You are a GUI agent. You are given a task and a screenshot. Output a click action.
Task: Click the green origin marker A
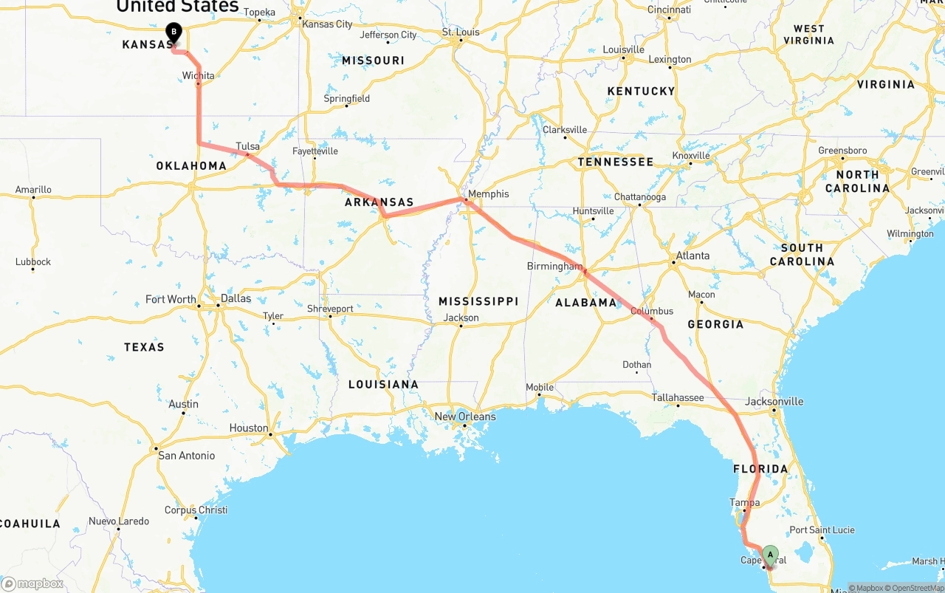[x=770, y=555]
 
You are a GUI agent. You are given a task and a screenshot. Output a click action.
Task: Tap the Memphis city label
[x=488, y=194]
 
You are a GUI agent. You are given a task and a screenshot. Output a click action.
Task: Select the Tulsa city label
[x=248, y=146]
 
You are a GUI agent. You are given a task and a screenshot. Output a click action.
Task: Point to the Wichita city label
[x=199, y=75]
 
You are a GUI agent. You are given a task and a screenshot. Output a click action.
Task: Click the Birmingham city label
[x=554, y=266]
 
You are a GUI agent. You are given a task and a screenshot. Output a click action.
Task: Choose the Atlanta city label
[x=693, y=256]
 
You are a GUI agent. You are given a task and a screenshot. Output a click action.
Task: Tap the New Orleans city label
[x=465, y=417]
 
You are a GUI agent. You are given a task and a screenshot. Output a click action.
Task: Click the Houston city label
[x=249, y=428]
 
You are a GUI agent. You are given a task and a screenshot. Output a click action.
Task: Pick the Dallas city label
[x=236, y=298]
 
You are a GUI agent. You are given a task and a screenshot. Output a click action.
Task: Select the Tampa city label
[x=745, y=502]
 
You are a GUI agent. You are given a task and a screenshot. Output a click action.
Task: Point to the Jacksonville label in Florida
[x=774, y=402]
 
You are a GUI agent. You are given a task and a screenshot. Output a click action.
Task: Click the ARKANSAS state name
[x=379, y=202]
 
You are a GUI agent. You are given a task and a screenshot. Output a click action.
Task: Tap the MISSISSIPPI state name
[x=478, y=301]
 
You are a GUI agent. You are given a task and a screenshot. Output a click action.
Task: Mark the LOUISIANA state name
[x=383, y=385]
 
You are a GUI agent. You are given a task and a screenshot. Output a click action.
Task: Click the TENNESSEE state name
[x=615, y=162]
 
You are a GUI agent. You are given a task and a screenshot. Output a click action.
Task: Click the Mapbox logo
[x=32, y=583]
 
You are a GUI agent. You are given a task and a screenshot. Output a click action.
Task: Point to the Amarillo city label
[x=33, y=190]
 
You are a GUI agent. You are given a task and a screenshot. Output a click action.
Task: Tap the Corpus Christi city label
[x=196, y=510]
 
